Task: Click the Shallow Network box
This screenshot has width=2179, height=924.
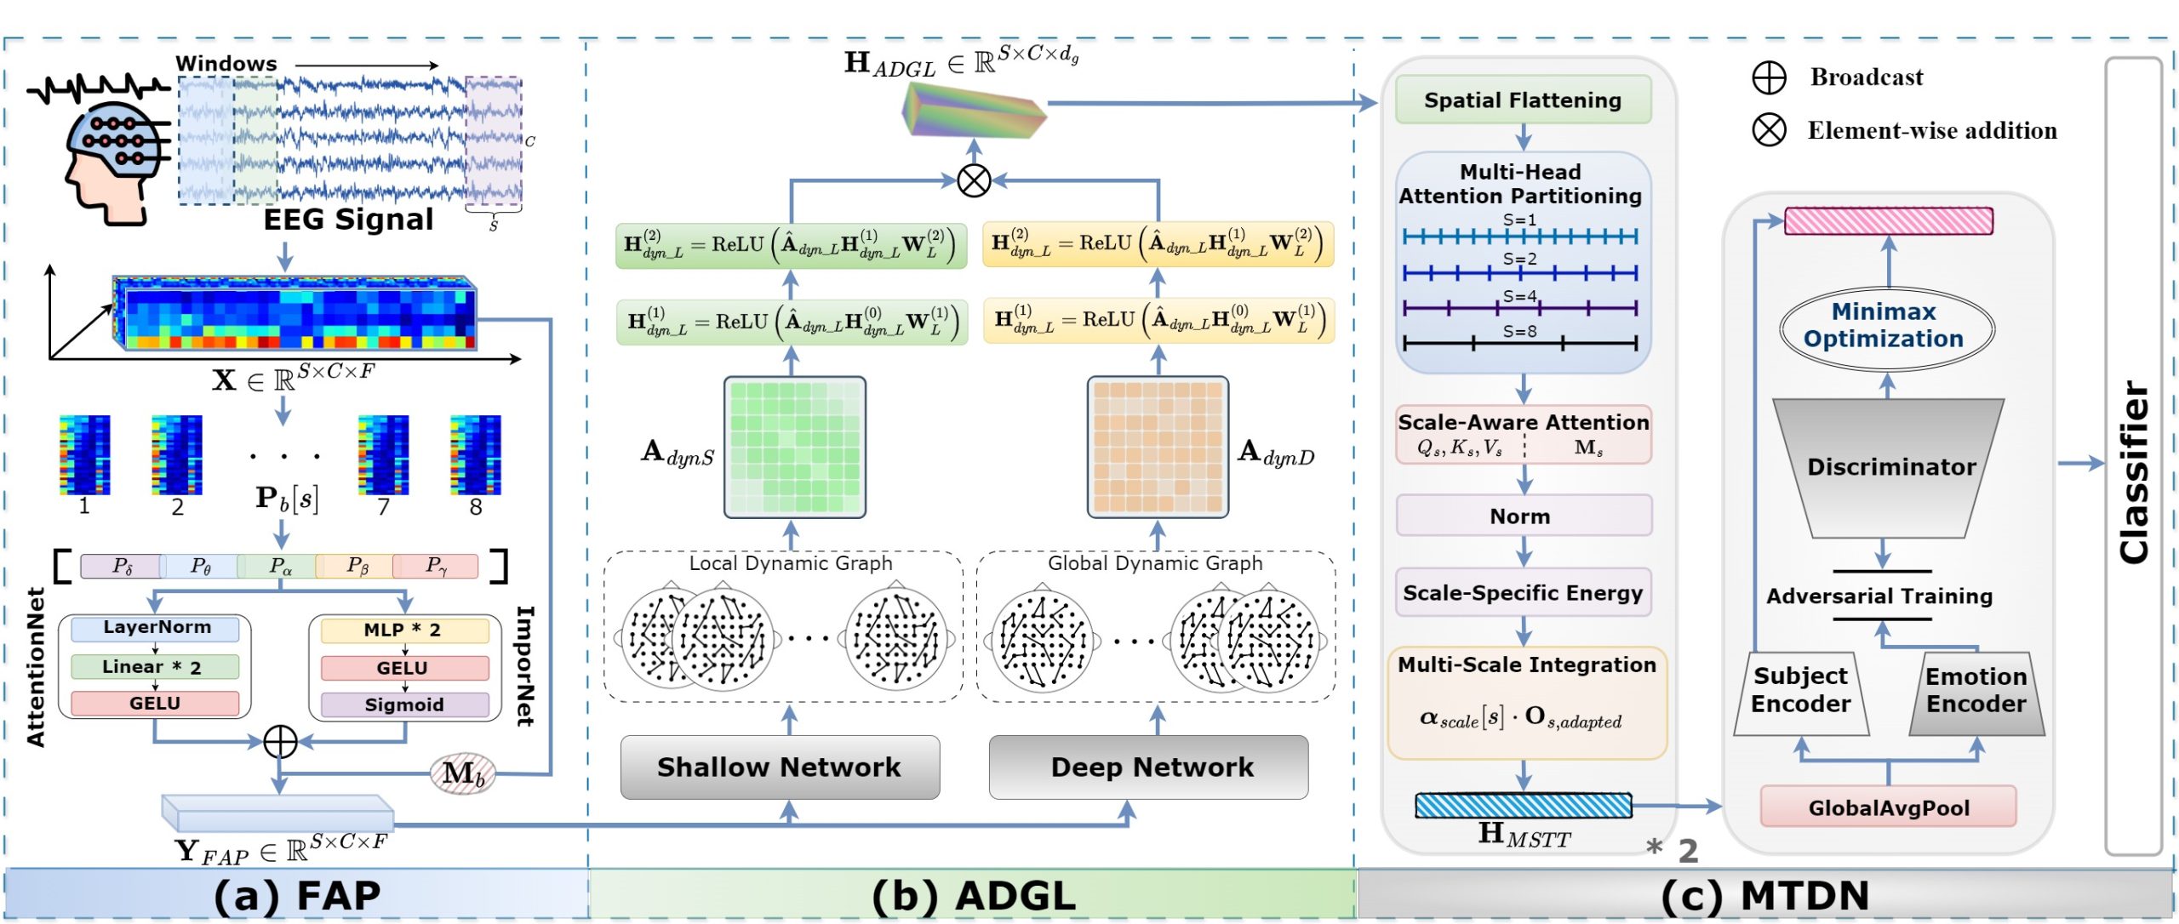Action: click(x=779, y=767)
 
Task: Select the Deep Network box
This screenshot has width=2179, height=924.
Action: click(x=1148, y=767)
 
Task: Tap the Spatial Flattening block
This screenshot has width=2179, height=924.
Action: click(x=1523, y=100)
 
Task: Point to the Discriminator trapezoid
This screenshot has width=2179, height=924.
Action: click(x=1890, y=467)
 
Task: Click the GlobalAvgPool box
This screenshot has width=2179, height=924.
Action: click(x=1888, y=807)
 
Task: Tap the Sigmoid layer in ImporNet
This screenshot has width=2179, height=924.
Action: click(x=404, y=704)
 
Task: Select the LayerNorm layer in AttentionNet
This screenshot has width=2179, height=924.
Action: click(x=156, y=628)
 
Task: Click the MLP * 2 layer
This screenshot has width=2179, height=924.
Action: click(x=404, y=630)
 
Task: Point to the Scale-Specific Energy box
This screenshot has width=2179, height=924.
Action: click(x=1523, y=592)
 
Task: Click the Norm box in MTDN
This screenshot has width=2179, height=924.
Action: click(x=1523, y=516)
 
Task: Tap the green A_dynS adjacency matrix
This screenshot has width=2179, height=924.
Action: click(x=794, y=448)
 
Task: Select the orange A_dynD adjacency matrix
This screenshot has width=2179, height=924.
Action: click(x=1158, y=448)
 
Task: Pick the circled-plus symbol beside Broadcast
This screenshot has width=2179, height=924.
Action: click(x=1769, y=77)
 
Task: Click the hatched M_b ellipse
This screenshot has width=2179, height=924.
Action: click(x=462, y=773)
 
